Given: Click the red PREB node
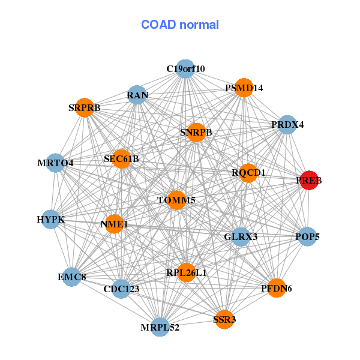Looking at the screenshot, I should [x=308, y=180].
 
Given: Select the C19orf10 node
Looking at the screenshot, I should [x=185, y=69].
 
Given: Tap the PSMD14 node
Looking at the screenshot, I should [x=244, y=88].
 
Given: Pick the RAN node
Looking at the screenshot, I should [x=137, y=95].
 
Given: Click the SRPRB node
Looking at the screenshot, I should [x=85, y=108].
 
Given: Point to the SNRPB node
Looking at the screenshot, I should [x=196, y=132].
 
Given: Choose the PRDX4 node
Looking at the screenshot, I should [x=288, y=125].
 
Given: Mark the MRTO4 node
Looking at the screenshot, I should [x=55, y=163].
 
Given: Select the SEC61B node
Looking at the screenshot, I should [x=121, y=159].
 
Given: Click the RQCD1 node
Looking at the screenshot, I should [x=248, y=173].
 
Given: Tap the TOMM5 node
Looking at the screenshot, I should [x=176, y=200].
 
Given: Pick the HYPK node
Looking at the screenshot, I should [x=51, y=220].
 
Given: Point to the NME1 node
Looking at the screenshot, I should [x=115, y=224].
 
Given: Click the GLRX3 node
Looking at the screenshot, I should [x=241, y=236].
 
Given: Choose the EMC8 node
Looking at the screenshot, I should [x=72, y=277].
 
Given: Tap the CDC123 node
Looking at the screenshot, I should [x=121, y=289].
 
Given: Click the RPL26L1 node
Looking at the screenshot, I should [x=187, y=273].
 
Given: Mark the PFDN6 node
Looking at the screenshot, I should [x=276, y=289].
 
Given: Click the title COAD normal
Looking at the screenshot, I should [x=180, y=25].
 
